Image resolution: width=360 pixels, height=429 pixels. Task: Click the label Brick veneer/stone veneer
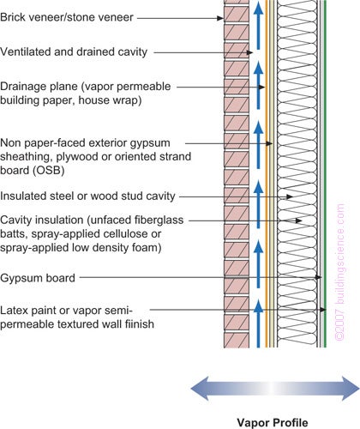[67, 17]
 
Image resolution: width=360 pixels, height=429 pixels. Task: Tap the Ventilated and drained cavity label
[74, 51]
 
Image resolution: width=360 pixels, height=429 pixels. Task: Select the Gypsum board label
[38, 278]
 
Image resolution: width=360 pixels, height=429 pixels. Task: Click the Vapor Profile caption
[273, 422]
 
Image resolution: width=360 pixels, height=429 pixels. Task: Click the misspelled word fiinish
[140, 324]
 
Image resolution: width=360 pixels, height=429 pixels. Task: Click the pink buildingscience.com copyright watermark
[340, 272]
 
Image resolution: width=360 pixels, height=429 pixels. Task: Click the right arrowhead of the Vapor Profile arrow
[351, 389]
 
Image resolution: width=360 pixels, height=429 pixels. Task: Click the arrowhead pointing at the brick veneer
[220, 18]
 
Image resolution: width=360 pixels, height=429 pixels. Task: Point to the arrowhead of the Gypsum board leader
[318, 277]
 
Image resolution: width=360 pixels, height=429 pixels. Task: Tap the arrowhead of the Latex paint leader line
[323, 310]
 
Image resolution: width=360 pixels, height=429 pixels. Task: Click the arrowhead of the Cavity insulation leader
[299, 221]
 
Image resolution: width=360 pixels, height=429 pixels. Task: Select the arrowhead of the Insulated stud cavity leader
[290, 196]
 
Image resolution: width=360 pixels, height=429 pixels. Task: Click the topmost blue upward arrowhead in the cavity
[258, 8]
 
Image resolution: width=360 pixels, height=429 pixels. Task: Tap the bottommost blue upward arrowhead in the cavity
[258, 305]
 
